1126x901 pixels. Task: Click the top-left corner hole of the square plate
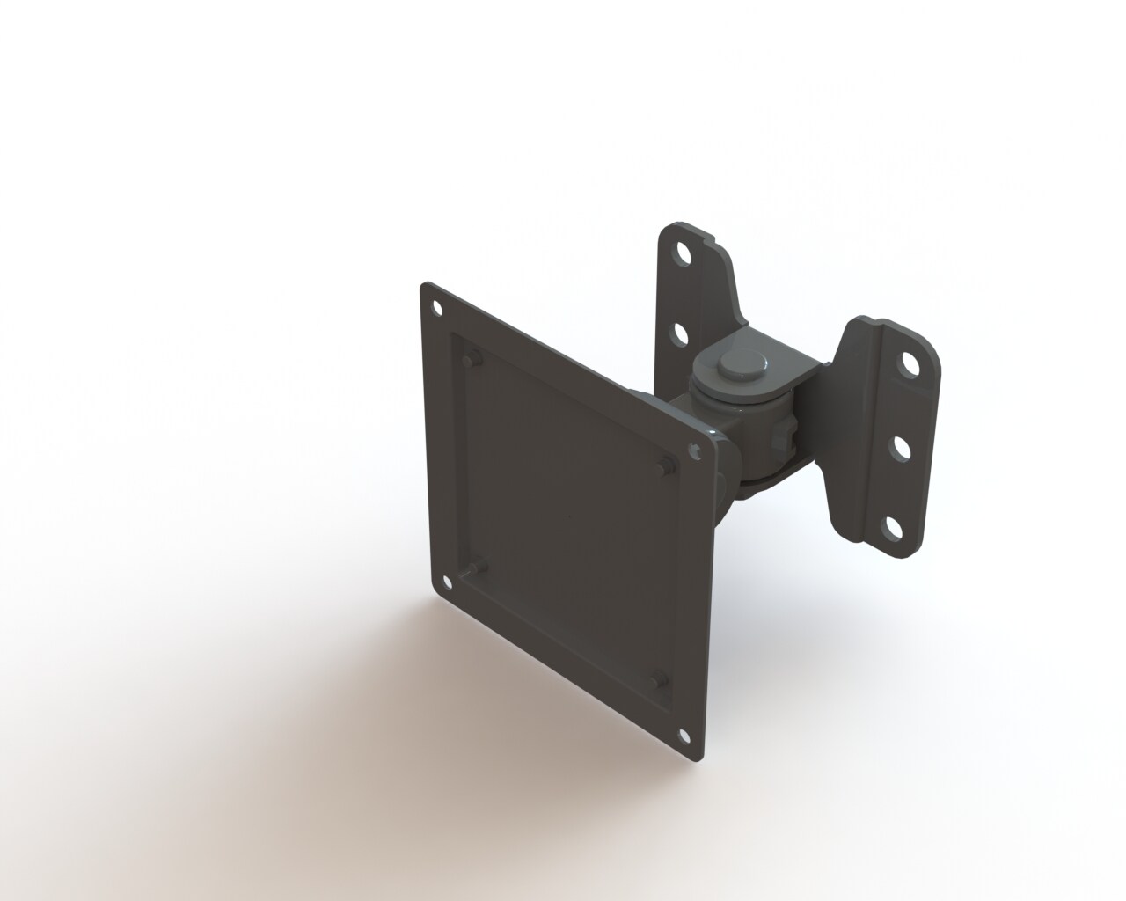pyautogui.click(x=435, y=306)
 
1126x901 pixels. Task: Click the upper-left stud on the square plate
pyautogui.click(x=467, y=358)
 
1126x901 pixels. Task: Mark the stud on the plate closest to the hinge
pyautogui.click(x=667, y=466)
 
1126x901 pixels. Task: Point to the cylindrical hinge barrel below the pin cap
pyautogui.click(x=748, y=414)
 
